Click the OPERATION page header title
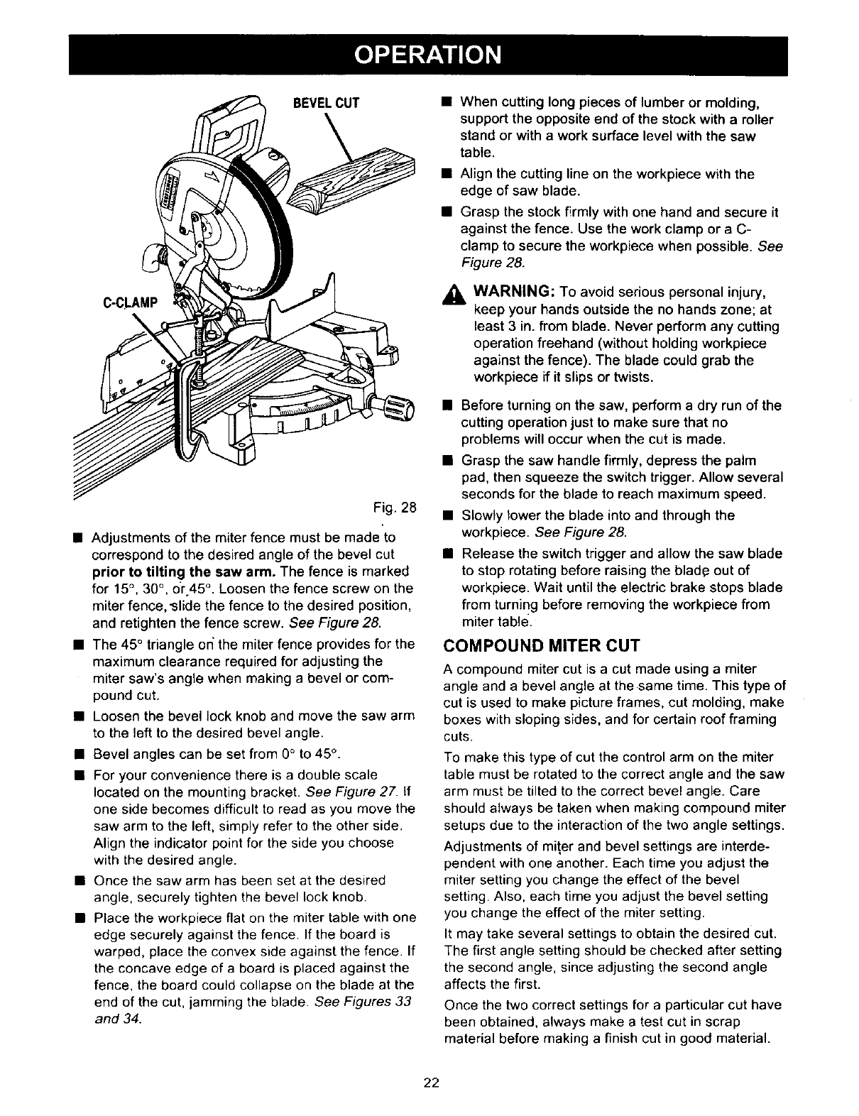429,55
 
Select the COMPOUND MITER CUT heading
541,645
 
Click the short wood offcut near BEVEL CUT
355,181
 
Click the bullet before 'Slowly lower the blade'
448,515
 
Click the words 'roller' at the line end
755,119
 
